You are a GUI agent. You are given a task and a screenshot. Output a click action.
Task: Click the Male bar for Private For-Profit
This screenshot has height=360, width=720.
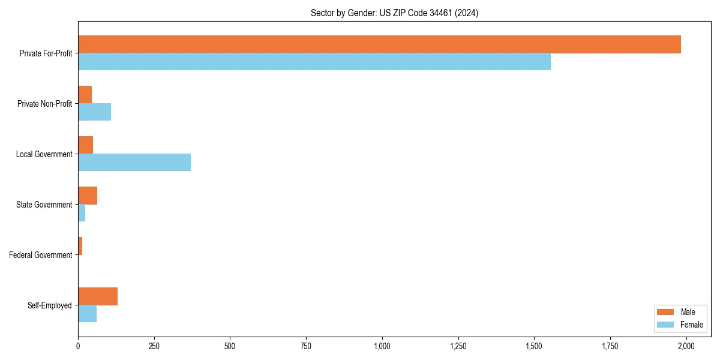[x=379, y=44]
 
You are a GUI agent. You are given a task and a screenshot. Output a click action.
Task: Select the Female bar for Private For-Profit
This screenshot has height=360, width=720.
[x=314, y=62]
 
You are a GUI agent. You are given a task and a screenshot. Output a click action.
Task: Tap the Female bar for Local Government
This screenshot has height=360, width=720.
[x=134, y=163]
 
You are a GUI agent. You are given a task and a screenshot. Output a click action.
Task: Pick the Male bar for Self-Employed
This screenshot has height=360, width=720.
[x=98, y=296]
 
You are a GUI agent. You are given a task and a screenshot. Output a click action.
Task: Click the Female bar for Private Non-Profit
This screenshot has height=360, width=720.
[x=94, y=112]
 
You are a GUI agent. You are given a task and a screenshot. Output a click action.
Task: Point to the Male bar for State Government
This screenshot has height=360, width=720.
[x=88, y=196]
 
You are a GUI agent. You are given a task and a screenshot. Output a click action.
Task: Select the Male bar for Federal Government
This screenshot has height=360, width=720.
[x=80, y=246]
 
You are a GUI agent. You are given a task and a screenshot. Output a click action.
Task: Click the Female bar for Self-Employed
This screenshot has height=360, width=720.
[x=87, y=314]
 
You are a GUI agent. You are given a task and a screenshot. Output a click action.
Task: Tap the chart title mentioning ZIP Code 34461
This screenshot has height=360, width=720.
[x=394, y=13]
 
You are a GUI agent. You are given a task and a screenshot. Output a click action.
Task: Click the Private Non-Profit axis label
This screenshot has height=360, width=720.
[x=44, y=104]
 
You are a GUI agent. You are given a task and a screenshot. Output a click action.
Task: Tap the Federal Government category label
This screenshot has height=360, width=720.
[x=41, y=255]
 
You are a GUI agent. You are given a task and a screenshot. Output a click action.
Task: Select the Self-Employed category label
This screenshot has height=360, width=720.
[x=50, y=305]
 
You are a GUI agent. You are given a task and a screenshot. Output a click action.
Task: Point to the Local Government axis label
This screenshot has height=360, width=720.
[x=44, y=154]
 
